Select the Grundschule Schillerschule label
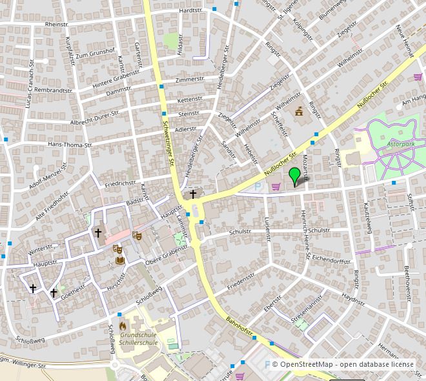pyautogui.click(x=138, y=339)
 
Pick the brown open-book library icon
pyautogui.click(x=120, y=260)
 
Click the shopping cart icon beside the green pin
pyautogui.click(x=277, y=187)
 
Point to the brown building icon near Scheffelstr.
pyautogui.click(x=298, y=113)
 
